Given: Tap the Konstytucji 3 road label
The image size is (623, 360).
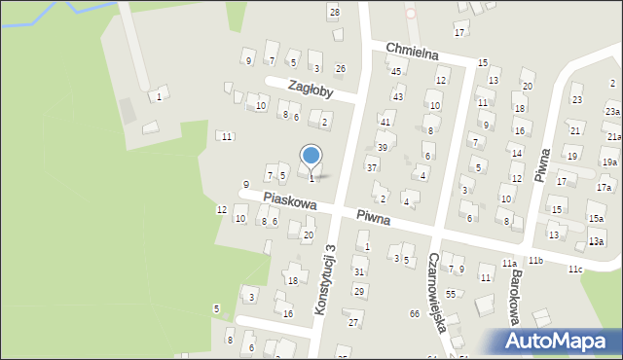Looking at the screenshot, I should click(x=325, y=279).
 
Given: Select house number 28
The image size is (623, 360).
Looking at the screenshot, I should click(x=334, y=12).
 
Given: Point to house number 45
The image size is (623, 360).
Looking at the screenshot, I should click(x=396, y=71).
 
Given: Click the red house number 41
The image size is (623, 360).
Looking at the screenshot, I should click(x=385, y=122).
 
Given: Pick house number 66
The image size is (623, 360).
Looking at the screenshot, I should click(x=415, y=313).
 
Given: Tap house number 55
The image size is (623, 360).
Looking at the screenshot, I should click(x=450, y=294).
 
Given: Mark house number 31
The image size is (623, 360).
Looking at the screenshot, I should click(x=359, y=271).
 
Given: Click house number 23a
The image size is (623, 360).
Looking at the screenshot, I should click(x=611, y=112).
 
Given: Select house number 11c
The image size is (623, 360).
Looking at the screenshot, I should click(x=576, y=270).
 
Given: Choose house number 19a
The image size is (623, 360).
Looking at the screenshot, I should click(x=608, y=162).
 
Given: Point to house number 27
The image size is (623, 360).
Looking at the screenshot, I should click(x=354, y=322).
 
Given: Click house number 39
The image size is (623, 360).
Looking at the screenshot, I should click(x=383, y=147).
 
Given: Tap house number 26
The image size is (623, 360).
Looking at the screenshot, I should click(x=340, y=68).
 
